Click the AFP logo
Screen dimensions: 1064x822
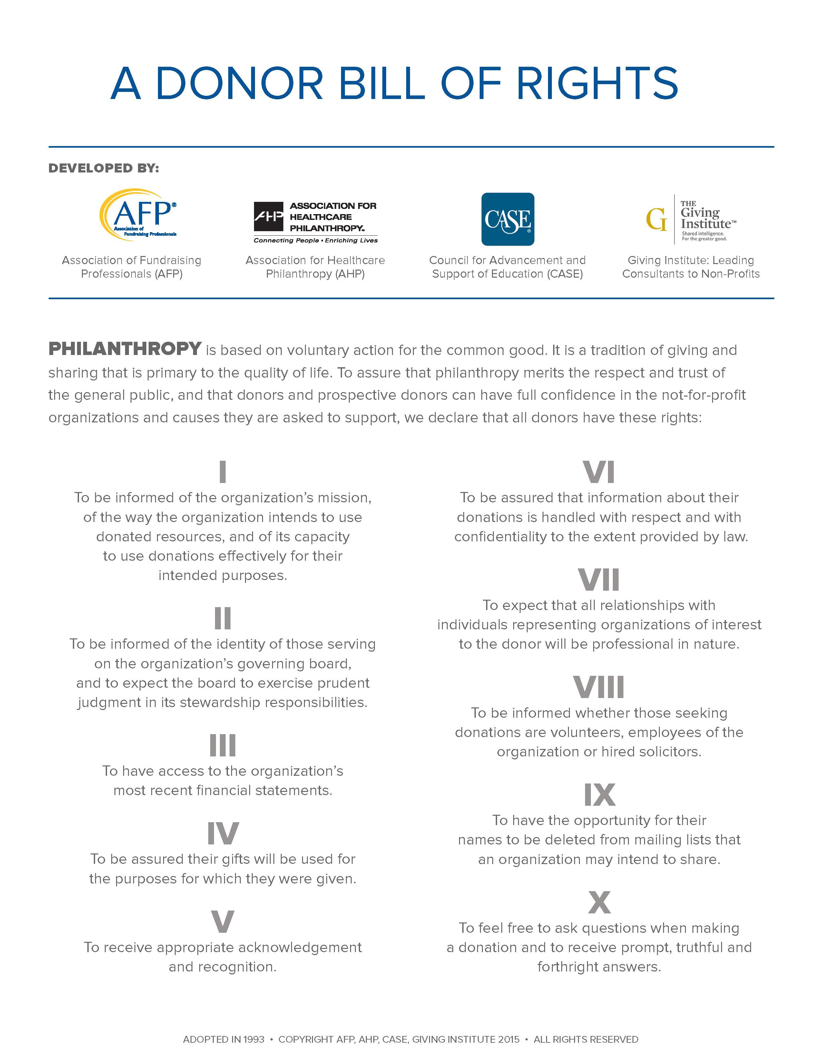point(138,215)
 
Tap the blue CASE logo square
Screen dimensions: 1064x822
point(507,219)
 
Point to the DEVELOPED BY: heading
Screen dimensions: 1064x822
point(104,169)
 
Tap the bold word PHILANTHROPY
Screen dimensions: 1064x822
point(125,349)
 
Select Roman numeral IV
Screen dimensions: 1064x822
point(222,833)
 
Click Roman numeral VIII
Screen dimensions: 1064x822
point(599,687)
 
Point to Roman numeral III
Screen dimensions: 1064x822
point(222,745)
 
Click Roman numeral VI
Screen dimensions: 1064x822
point(599,472)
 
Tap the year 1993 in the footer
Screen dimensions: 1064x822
point(253,1039)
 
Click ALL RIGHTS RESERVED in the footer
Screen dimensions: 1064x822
point(585,1039)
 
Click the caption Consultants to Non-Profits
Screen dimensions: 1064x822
point(690,274)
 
